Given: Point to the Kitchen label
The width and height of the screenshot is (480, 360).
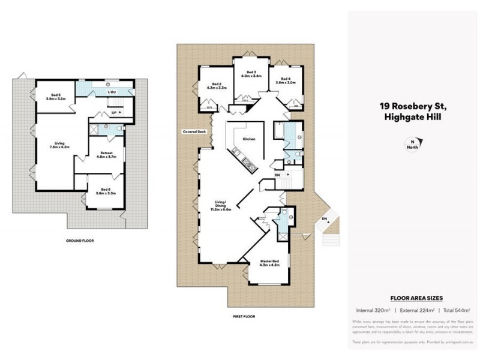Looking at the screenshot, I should click(249, 139).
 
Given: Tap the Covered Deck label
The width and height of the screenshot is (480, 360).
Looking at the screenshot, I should click(194, 131).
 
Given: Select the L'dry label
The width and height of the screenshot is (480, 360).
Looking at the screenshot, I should click(112, 92).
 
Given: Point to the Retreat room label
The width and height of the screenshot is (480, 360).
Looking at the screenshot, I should click(105, 155).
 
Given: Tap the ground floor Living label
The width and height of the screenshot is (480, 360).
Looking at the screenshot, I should click(59, 145).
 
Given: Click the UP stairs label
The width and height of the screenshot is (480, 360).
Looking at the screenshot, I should click(113, 112).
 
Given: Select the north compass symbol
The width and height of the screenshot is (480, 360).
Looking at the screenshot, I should click(412, 145).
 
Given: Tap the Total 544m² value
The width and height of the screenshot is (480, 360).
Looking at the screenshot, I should click(455, 310).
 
